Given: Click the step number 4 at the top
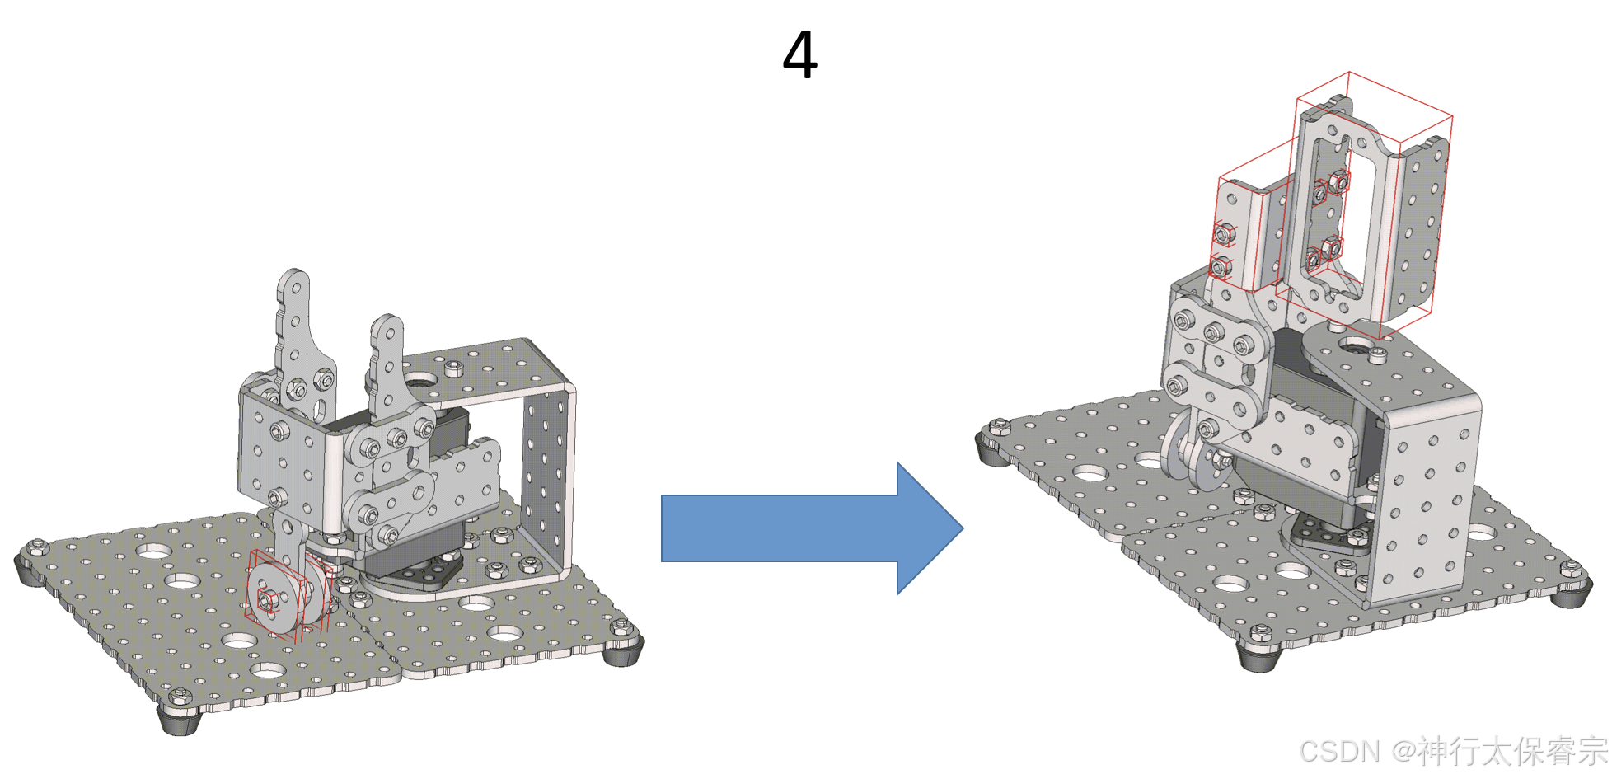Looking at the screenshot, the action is click(799, 55).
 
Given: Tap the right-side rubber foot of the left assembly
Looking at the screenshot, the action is click(623, 651).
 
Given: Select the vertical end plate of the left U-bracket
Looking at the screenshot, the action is click(546, 478).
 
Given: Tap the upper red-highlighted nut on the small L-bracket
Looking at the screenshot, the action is click(1225, 235).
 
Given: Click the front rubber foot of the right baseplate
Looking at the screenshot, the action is click(1259, 655).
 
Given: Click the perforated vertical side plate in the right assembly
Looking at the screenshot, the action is click(1426, 503).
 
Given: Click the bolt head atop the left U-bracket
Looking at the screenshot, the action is click(455, 368).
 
